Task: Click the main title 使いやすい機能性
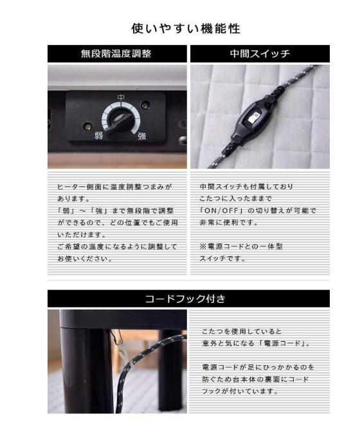[x=186, y=28]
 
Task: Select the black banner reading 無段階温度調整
[x=117, y=53]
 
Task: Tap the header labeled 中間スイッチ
[x=260, y=53]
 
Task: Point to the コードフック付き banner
[x=188, y=299]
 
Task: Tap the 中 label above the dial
[x=121, y=98]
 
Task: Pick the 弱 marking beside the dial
[x=98, y=135]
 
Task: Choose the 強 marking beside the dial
[x=142, y=136]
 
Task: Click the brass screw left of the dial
[x=87, y=125]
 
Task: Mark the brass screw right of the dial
[x=145, y=104]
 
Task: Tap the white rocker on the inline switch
[x=254, y=118]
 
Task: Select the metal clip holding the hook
[x=116, y=337]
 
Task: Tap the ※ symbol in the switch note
[x=203, y=246]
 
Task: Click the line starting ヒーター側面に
[x=114, y=186]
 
